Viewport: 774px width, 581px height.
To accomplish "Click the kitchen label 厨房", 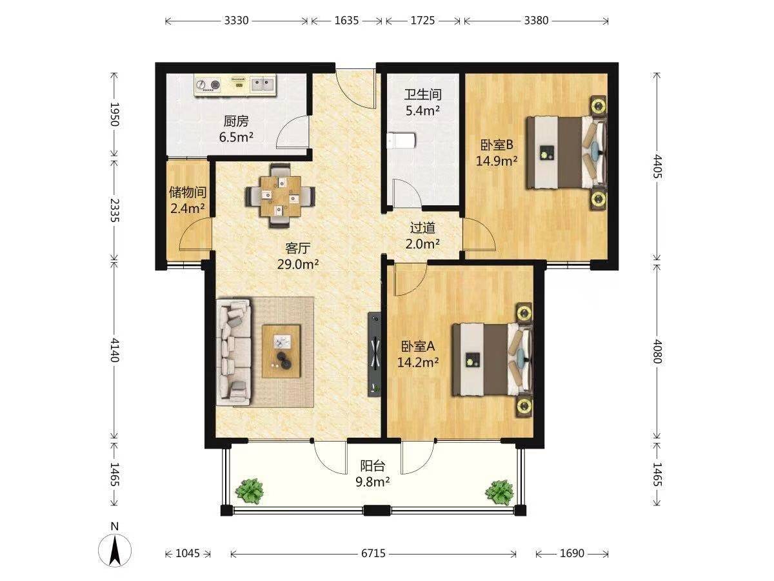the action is [236, 121].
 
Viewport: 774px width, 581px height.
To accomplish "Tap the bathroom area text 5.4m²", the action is [422, 111].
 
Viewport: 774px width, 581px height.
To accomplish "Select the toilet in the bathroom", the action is [401, 141].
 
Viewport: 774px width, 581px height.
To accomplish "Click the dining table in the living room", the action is [281, 196].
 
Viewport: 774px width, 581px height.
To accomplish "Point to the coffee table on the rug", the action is [281, 352].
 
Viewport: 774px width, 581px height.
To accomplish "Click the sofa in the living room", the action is [234, 352].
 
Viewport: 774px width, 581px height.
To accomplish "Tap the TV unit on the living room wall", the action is [375, 354].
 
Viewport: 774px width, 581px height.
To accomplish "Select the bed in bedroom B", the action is [566, 153].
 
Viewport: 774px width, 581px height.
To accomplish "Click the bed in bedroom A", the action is [492, 360].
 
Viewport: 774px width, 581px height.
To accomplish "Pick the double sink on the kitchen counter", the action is [262, 85].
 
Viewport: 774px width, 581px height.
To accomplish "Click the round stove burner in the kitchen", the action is [215, 85].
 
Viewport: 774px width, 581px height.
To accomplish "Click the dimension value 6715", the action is [373, 553].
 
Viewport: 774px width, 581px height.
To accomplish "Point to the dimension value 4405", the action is [657, 166].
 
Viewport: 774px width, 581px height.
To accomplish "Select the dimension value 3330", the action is [236, 21].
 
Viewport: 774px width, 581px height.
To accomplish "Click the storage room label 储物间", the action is [187, 192].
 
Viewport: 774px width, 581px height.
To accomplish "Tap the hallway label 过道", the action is [422, 228].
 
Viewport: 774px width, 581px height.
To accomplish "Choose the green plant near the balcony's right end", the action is [499, 491].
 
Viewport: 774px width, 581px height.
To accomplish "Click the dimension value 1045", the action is [188, 553].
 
